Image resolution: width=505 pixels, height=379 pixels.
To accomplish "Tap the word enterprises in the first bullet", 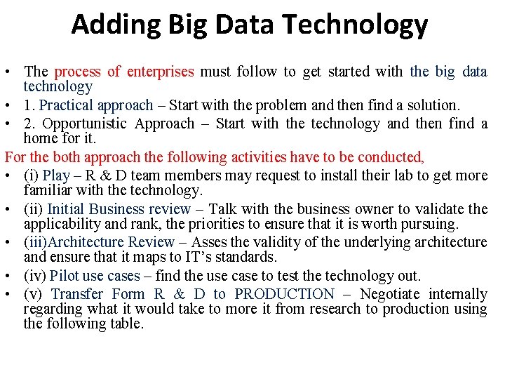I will [x=163, y=72].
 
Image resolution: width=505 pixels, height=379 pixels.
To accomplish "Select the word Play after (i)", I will [x=56, y=175].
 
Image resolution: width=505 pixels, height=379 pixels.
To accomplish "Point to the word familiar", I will [x=45, y=190].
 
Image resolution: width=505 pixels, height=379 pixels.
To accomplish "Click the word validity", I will [x=266, y=242].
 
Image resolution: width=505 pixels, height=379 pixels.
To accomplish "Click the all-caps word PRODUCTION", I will [x=285, y=294].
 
